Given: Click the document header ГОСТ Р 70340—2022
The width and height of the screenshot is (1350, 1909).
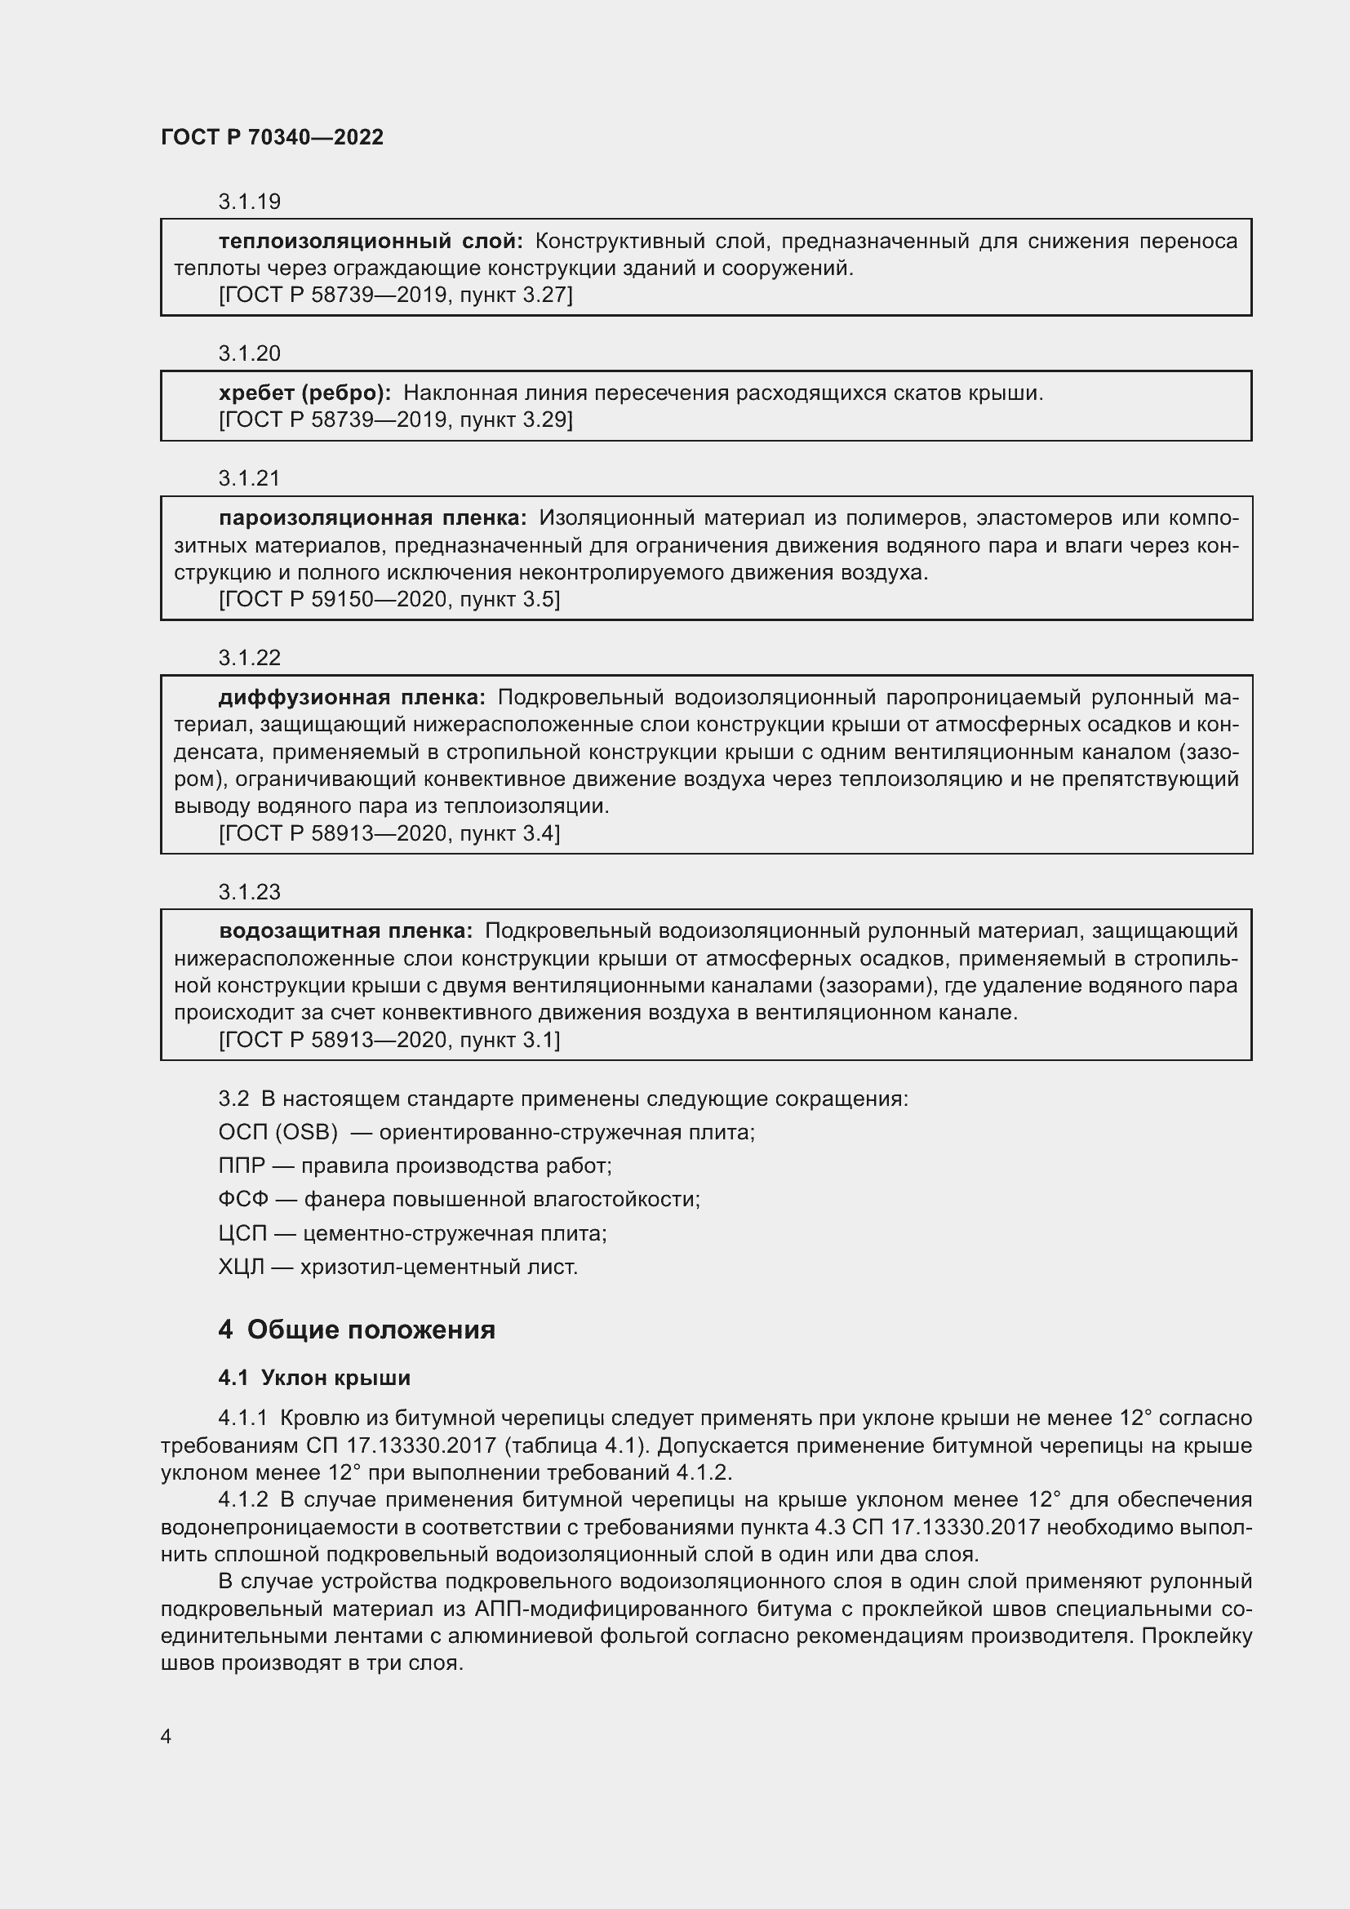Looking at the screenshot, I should (x=272, y=137).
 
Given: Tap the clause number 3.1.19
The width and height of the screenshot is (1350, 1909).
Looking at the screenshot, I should (x=250, y=202).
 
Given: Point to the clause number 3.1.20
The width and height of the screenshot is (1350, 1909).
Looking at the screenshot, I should (x=250, y=353).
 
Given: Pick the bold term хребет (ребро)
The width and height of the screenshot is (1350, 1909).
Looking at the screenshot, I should (x=304, y=393).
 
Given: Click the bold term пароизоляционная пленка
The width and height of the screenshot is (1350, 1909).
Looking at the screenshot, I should (x=372, y=518).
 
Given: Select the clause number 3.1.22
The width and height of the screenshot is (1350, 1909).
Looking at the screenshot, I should (x=250, y=658).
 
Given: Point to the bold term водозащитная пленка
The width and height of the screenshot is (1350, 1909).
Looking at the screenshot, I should (x=345, y=930).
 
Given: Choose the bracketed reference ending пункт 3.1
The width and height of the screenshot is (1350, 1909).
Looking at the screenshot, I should (x=389, y=1039).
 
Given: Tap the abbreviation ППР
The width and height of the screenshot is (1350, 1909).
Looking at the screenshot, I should (x=241, y=1165).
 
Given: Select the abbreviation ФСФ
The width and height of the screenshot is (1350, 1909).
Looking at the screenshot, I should (x=242, y=1199).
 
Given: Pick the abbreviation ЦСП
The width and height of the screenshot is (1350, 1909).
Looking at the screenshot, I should (x=242, y=1233).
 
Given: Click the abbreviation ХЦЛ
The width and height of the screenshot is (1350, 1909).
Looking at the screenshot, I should (x=241, y=1267).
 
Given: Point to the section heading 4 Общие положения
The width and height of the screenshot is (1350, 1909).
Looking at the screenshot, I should (x=357, y=1330).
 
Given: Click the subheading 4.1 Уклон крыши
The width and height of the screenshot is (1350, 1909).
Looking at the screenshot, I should (x=314, y=1378).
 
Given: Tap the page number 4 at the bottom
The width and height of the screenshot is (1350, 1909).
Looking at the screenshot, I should (x=166, y=1736).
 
